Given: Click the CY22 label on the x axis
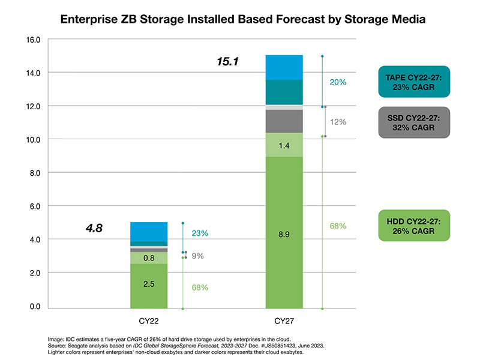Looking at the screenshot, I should (x=149, y=321).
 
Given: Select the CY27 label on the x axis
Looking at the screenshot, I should (x=284, y=321).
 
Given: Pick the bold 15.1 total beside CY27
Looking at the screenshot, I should (x=228, y=61).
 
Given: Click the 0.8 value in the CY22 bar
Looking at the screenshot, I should (x=149, y=258).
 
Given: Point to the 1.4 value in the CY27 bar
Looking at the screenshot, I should (x=284, y=145).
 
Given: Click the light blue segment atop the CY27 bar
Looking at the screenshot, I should (x=284, y=67).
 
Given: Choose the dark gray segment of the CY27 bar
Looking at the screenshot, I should (x=284, y=121).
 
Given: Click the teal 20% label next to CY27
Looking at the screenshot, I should (x=338, y=82).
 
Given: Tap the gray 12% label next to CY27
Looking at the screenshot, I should (x=338, y=122).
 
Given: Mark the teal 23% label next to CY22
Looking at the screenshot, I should (x=200, y=233).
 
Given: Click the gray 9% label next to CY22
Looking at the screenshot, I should (x=197, y=256).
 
